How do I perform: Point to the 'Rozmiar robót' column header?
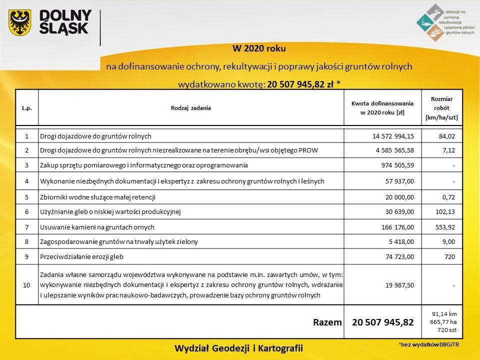click(x=441, y=108)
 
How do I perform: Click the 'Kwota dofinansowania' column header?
click(x=382, y=107)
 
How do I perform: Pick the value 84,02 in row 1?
click(x=445, y=136)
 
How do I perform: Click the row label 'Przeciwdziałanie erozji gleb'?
click(x=81, y=257)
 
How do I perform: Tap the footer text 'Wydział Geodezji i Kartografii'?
click(x=239, y=347)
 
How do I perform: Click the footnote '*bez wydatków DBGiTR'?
click(x=427, y=345)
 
